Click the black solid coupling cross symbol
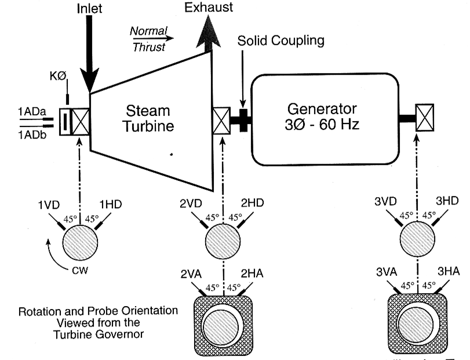[242, 121]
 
